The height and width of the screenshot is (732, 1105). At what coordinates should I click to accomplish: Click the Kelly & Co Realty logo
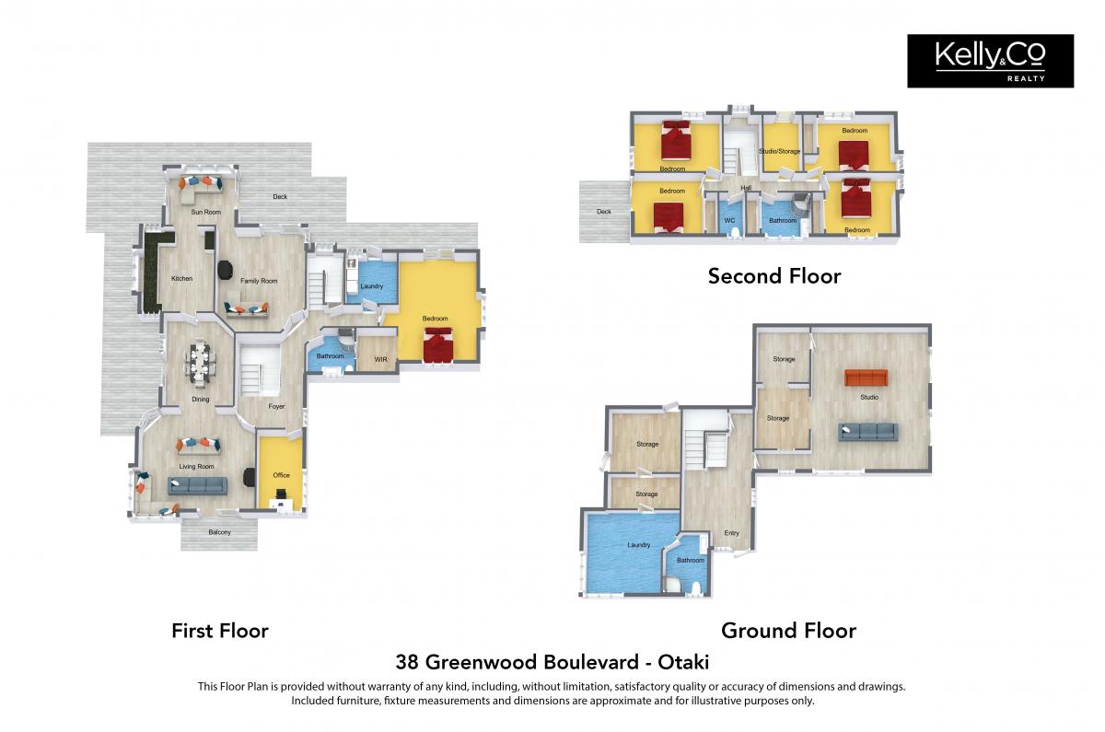[990, 61]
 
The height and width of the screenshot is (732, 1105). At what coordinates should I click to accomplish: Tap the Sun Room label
[205, 212]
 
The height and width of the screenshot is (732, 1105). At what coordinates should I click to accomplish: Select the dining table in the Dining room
[200, 363]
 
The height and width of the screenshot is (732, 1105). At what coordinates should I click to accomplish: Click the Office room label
[281, 475]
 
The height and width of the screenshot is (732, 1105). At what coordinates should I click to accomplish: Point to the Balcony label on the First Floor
[219, 532]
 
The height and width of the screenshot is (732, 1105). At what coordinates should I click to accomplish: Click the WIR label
[380, 360]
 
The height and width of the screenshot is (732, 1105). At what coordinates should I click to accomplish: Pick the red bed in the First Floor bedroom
[437, 346]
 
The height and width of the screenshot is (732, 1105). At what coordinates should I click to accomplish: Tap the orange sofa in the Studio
[866, 378]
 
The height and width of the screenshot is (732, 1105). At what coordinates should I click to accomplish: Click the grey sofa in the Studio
[868, 432]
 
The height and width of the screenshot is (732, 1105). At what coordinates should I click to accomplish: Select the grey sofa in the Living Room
[197, 486]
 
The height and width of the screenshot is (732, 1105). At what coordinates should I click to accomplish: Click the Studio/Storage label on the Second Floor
[780, 151]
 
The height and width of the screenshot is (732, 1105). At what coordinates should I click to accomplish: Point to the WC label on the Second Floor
[729, 220]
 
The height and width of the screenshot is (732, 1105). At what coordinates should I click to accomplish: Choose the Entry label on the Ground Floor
[731, 533]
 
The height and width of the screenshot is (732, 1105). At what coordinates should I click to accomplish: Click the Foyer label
[276, 406]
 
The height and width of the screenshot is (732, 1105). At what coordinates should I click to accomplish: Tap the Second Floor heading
[774, 276]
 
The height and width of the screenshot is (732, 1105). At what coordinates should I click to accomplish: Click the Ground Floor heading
[789, 631]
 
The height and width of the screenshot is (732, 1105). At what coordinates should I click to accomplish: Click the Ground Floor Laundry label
[639, 545]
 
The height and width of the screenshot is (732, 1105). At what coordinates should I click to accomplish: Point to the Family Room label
[259, 281]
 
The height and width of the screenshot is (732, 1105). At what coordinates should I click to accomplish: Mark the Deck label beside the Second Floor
[604, 212]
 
